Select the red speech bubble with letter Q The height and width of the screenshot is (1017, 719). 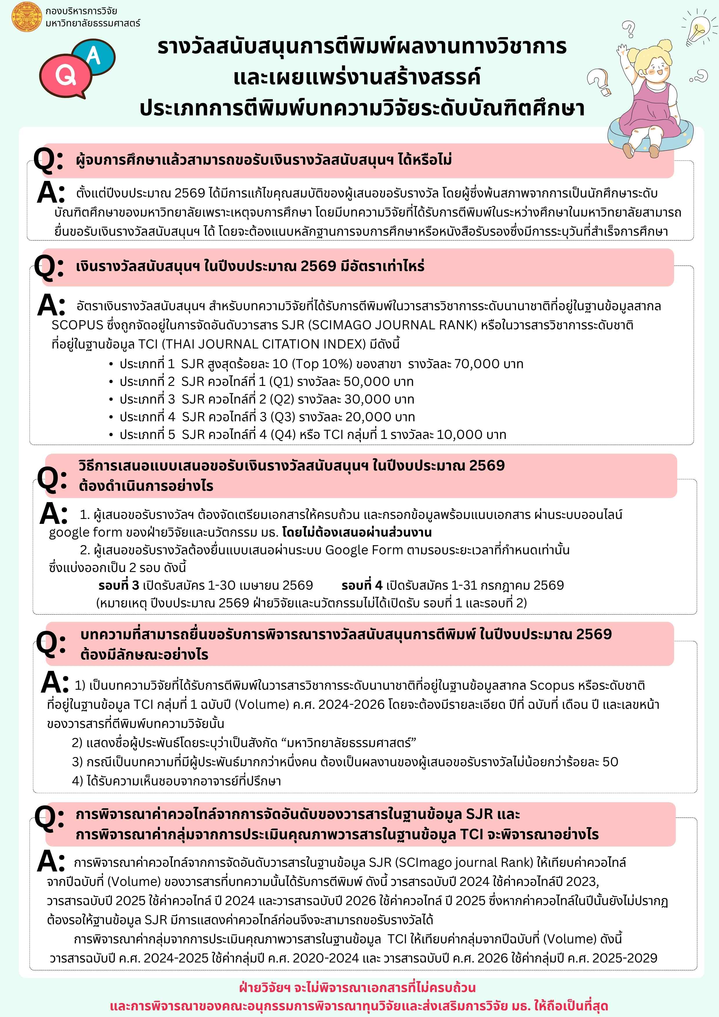point(65,75)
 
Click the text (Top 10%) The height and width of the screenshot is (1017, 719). point(324,364)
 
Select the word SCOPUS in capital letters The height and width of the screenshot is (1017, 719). point(77,325)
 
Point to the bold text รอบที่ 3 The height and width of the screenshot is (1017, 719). point(119,586)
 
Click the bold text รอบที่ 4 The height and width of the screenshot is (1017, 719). point(362,586)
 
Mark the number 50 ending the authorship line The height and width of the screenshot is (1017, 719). point(611,762)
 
